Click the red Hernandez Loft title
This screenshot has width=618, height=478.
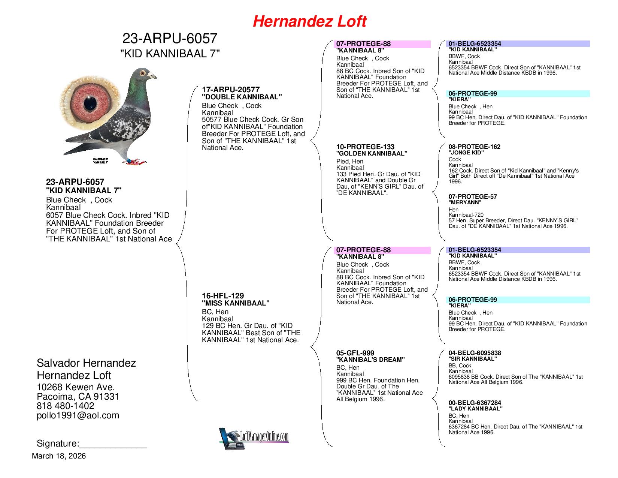(309, 21)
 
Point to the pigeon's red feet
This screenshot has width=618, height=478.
(137, 162)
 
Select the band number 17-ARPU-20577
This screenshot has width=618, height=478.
(231, 90)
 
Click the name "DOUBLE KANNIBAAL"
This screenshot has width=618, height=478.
(242, 97)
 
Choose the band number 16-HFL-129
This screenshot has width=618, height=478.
(222, 296)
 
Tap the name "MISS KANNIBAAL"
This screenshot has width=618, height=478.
(236, 303)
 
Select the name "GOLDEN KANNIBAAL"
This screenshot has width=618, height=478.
(372, 153)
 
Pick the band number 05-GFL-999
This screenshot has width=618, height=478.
(355, 353)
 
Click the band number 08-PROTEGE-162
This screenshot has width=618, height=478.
(475, 147)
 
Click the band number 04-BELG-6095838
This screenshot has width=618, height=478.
(475, 353)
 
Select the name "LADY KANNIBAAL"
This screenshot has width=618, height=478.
(475, 409)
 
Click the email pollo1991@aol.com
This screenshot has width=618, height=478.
(78, 415)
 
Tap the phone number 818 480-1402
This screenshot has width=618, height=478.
(66, 406)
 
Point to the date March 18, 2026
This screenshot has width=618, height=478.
(59, 456)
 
